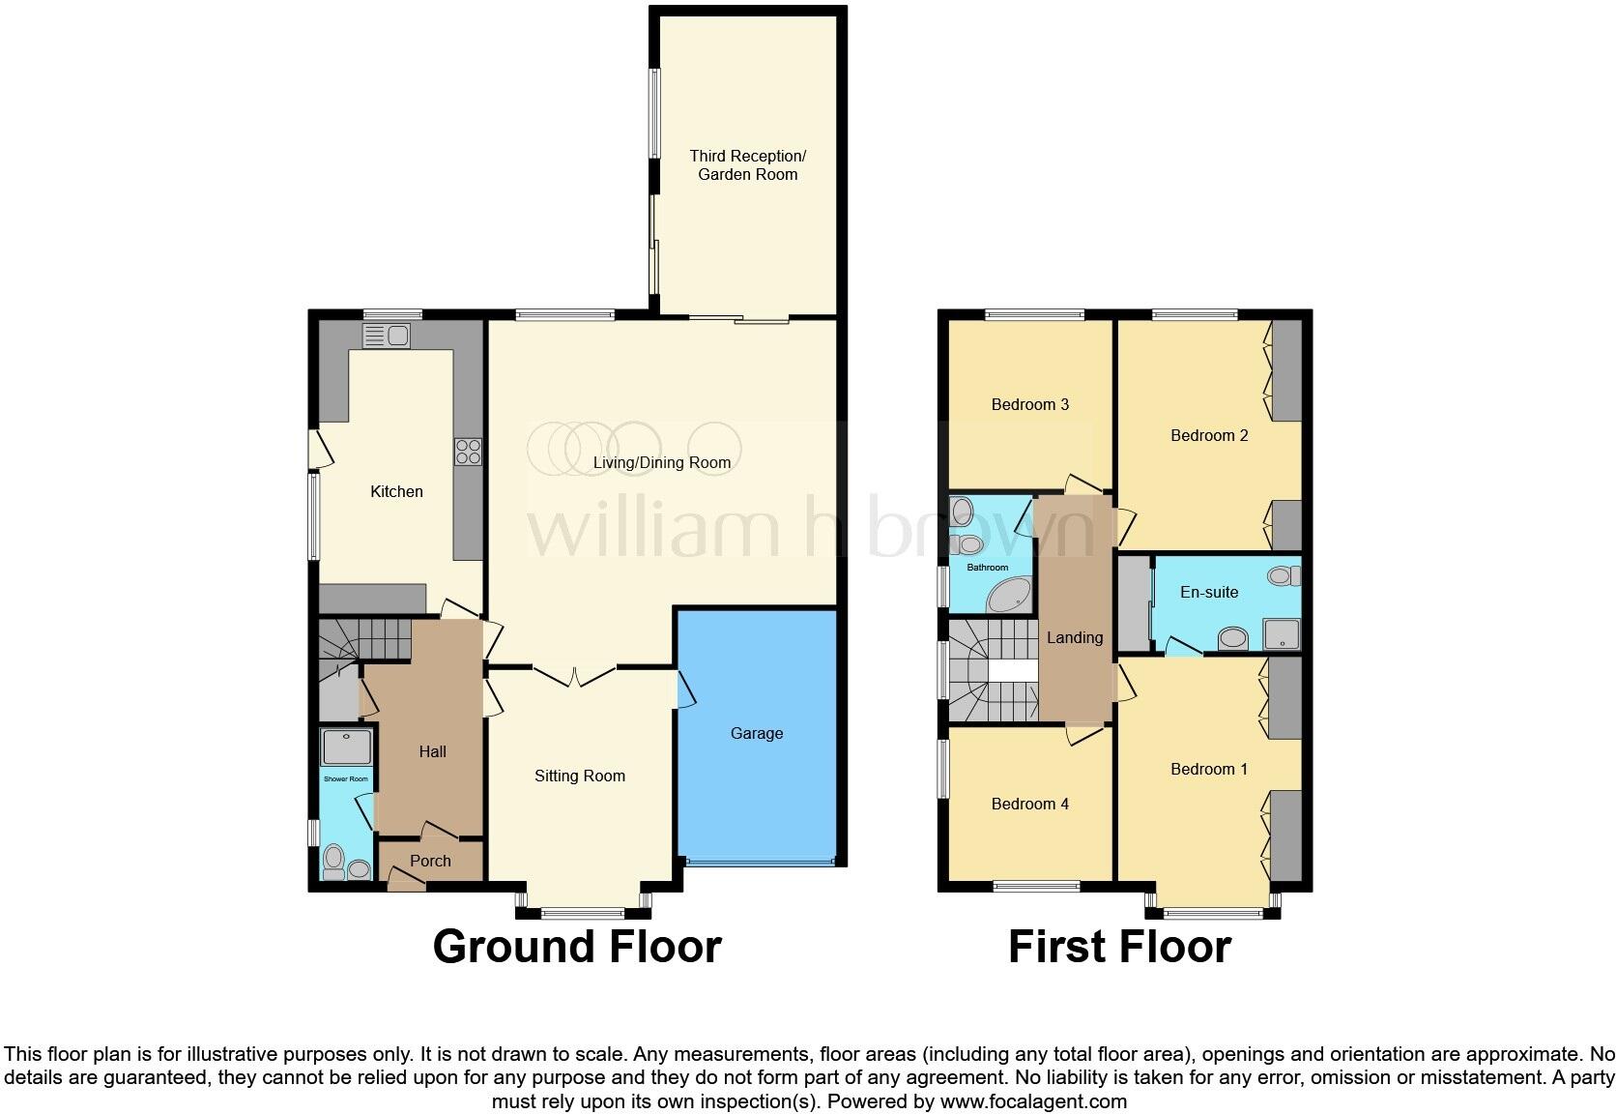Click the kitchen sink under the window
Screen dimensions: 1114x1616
click(x=387, y=336)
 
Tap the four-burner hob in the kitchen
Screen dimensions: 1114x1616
click(x=469, y=452)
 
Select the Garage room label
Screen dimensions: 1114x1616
click(x=757, y=733)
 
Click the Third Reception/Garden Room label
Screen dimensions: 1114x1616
click(x=747, y=165)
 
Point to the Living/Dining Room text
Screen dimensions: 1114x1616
click(x=661, y=462)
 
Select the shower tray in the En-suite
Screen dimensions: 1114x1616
click(x=1282, y=634)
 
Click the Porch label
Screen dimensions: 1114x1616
click(x=430, y=861)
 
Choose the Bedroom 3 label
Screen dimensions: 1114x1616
click(x=1029, y=404)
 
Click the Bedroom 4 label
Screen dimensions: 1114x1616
click(x=1029, y=804)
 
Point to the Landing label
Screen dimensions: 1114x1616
click(x=1074, y=637)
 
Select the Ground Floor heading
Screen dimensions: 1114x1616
click(x=577, y=946)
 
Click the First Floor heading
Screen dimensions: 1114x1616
click(x=1119, y=946)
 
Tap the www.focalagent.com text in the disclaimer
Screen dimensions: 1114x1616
click(x=1033, y=1100)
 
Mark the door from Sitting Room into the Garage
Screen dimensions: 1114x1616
click(x=684, y=690)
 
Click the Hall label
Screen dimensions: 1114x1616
click(x=432, y=751)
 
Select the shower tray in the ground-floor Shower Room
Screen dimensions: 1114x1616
click(x=346, y=747)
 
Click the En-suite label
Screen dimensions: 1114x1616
click(x=1208, y=592)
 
